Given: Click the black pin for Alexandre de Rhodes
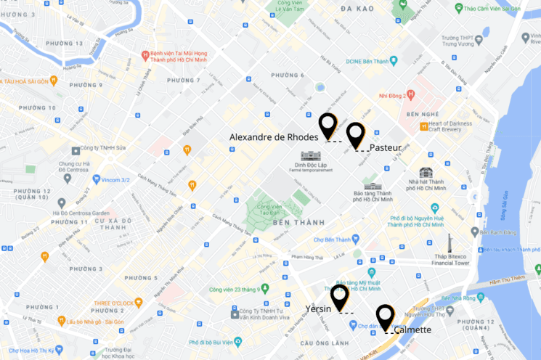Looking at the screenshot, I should point(328,126).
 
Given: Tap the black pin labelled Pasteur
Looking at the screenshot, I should point(355,134).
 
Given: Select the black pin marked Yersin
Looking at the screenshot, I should point(339,296).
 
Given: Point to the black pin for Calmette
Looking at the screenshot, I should point(385,316).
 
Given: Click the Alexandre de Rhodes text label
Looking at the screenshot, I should point(274,136).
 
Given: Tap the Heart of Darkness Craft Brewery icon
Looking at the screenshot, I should point(423,125).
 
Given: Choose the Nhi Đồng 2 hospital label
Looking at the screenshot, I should point(390,94).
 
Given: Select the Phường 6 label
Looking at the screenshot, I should point(288,75).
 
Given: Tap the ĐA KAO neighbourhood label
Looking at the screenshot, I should point(356,8).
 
